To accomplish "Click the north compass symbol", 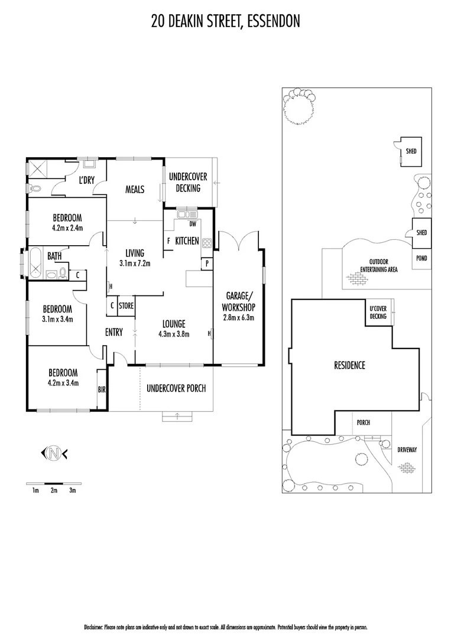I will (54, 454).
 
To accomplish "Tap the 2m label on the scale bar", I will (54, 490).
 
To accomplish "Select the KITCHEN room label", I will (187, 240).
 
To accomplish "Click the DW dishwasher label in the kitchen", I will (193, 224).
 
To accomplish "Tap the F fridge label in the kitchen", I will (168, 240).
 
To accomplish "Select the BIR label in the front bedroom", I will (101, 389).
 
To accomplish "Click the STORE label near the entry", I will (126, 306).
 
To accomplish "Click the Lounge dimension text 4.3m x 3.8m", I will (172, 334).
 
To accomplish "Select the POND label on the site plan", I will (422, 259).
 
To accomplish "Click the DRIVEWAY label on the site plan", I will (407, 450).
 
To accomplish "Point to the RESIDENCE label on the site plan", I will (349, 365).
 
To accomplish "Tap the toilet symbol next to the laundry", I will (35, 187).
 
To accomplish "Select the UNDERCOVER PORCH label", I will (176, 388).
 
